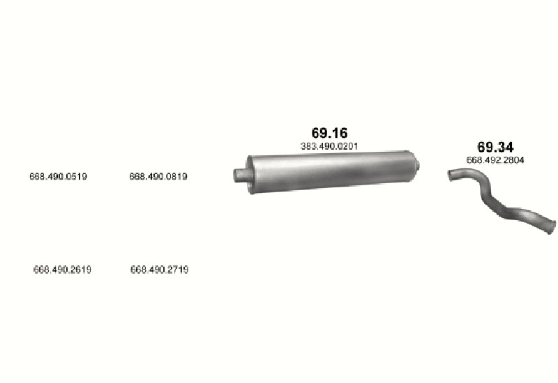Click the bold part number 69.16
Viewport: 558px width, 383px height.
coord(329,133)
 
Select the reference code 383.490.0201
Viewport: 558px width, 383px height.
coord(329,146)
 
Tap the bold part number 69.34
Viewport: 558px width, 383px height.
coord(495,147)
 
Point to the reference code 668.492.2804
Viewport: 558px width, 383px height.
coord(495,160)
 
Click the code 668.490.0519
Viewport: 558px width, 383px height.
coord(59,177)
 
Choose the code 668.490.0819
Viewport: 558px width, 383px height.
coord(158,177)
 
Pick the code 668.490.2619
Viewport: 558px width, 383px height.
coord(62,269)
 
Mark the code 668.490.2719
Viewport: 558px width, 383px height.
coord(160,269)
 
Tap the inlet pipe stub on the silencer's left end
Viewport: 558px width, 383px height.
coord(240,175)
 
